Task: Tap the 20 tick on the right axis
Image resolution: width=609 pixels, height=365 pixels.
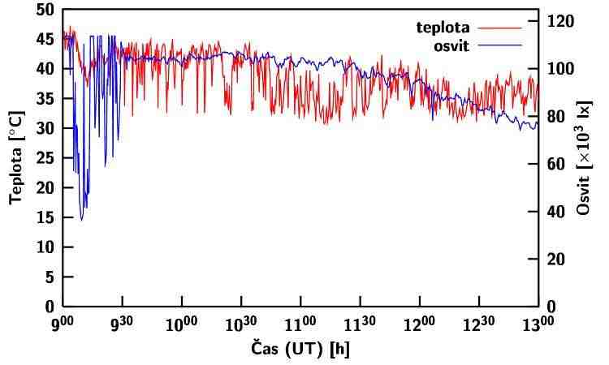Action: point(556,260)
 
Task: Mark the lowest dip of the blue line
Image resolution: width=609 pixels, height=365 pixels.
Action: point(81,220)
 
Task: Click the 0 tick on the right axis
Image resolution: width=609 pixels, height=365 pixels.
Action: point(552,307)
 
